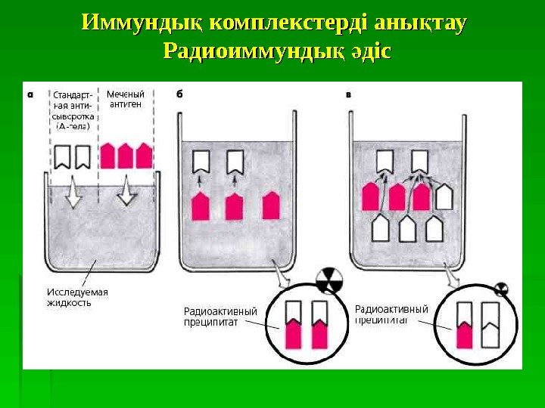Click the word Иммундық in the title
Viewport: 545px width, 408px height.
pos(142,23)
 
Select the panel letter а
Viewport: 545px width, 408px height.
pos(30,94)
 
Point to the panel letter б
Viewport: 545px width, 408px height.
pos(180,94)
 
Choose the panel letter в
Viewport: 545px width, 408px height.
pos(347,94)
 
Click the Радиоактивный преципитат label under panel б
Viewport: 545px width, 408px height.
pos(220,316)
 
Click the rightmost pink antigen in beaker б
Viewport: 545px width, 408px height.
pos(270,206)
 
